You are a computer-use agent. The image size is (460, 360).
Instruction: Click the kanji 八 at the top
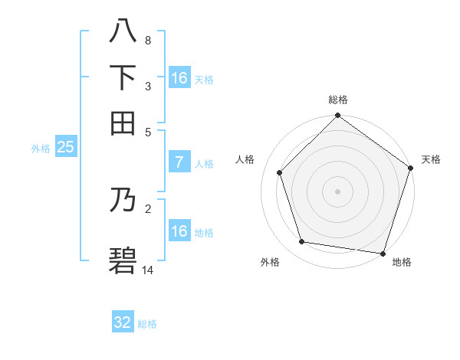point(123,31)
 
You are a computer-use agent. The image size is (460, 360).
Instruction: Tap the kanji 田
point(123,122)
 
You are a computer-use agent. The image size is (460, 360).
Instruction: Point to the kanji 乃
point(123,201)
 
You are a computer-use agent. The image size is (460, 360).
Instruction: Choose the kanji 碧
point(123,260)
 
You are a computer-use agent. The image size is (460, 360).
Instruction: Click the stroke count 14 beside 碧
point(148,270)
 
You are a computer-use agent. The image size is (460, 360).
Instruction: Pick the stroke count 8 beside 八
point(148,41)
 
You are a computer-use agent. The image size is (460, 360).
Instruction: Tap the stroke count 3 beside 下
point(148,86)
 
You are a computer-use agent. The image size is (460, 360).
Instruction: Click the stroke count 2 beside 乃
point(148,208)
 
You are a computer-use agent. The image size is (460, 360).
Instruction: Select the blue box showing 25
point(65,148)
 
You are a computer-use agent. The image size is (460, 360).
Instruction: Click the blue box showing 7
point(179,162)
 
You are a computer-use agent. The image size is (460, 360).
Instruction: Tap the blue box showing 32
point(123,322)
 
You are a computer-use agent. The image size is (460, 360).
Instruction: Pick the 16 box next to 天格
point(179,78)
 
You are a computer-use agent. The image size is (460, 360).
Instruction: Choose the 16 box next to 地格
point(179,231)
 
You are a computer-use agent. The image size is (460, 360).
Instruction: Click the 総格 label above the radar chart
point(338,100)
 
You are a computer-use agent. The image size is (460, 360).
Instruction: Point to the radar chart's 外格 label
point(270,262)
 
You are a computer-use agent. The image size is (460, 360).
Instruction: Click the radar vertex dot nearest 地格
point(382,253)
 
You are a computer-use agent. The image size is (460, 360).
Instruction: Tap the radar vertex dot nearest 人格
point(280,172)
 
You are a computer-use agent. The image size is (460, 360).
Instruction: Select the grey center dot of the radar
point(338,191)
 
